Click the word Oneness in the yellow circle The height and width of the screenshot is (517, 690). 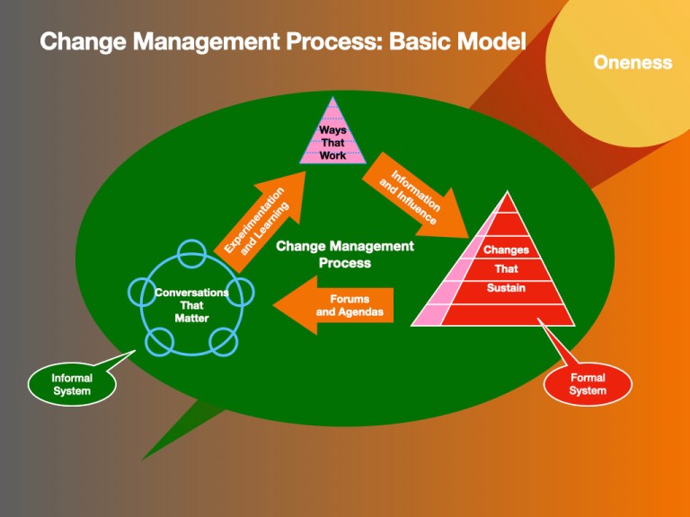[632, 63]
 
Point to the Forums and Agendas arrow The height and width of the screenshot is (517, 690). [333, 305]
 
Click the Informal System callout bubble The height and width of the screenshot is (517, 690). [72, 384]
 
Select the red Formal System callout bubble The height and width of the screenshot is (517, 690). [588, 384]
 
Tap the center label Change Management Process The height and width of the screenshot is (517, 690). [345, 254]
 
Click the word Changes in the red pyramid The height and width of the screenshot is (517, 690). [506, 250]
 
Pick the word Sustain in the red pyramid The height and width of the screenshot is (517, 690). [506, 288]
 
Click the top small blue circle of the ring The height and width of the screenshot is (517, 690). [191, 254]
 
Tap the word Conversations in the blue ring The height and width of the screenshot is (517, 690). [191, 293]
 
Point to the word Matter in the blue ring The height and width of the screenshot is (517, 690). [191, 318]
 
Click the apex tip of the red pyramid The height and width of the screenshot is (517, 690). [508, 192]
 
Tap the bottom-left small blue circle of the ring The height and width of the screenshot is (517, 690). [159, 341]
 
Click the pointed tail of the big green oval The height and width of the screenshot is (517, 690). [143, 459]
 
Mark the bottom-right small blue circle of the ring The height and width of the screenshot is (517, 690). [224, 341]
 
